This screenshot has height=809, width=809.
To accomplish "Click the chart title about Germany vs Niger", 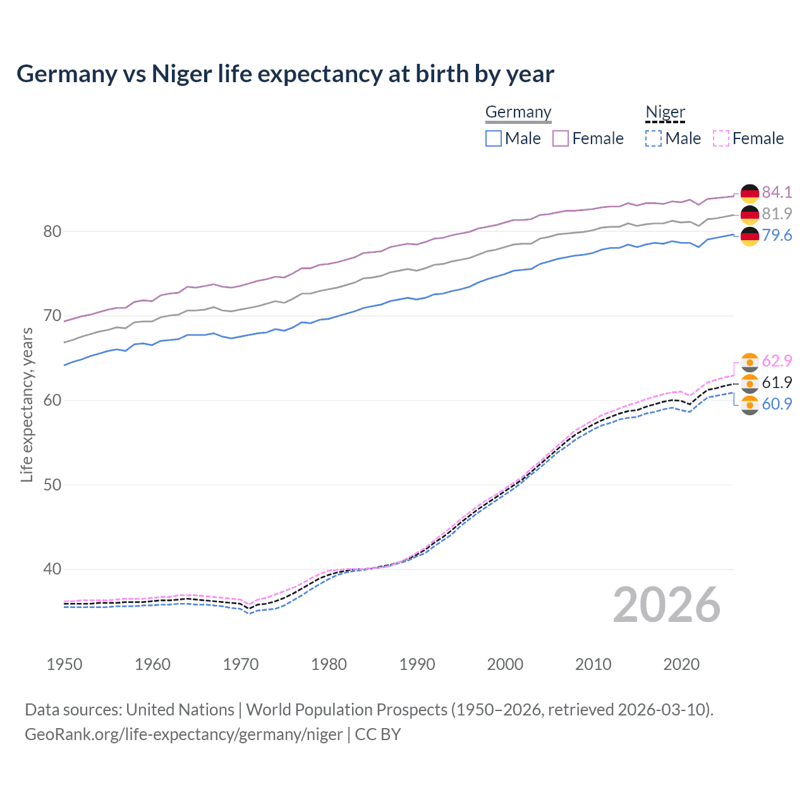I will (285, 74).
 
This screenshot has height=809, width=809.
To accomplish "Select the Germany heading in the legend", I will (518, 113).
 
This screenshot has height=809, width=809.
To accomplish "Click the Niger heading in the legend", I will (665, 113).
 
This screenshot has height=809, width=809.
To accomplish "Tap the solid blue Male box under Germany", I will (494, 138).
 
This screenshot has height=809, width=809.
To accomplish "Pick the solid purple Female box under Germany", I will (561, 138).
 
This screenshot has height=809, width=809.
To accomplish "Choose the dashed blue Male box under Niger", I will (654, 138).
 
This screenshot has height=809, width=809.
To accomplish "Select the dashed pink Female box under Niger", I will (721, 138).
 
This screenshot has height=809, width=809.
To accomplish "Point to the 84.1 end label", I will (777, 192).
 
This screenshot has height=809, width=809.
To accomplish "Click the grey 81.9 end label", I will (777, 214).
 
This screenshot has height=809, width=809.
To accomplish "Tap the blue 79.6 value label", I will (777, 235).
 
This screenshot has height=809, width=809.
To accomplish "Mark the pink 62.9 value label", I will (777, 361).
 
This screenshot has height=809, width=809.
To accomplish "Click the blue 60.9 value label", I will (777, 404).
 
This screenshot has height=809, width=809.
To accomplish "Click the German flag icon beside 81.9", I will (750, 214).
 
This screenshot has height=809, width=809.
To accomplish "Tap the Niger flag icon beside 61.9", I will (750, 383).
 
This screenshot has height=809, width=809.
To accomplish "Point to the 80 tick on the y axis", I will (52, 231).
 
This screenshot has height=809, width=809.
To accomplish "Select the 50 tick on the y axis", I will (52, 485).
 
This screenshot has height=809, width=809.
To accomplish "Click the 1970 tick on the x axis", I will (241, 664).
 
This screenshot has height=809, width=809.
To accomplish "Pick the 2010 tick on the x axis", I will (593, 664).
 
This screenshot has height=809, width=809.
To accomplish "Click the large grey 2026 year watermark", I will (667, 605).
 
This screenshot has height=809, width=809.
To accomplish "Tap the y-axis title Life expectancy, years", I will (27, 404).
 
